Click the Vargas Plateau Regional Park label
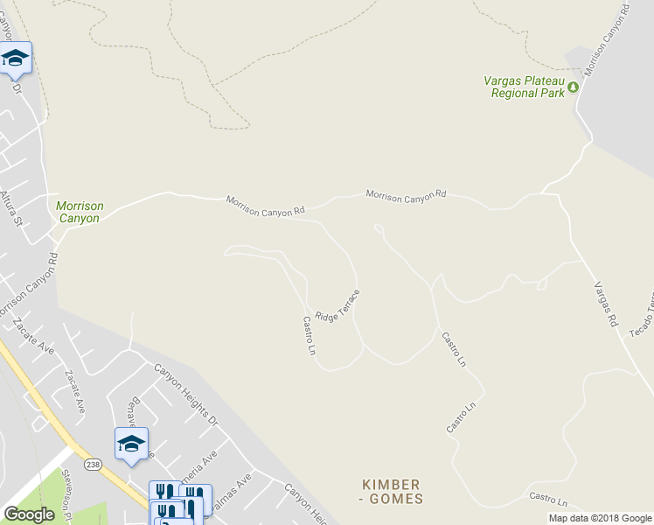pyautogui.click(x=525, y=87)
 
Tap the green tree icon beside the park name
pyautogui.click(x=574, y=87)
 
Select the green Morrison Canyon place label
pyautogui.click(x=80, y=212)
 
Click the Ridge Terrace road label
pyautogui.click(x=337, y=306)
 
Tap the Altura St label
pyautogui.click(x=10, y=208)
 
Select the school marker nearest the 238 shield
pyautogui.click(x=131, y=444)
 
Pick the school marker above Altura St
pyautogui.click(x=15, y=59)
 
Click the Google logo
pyautogui.click(x=29, y=514)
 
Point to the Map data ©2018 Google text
pyautogui.click(x=599, y=518)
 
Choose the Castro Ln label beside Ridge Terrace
pyautogui.click(x=309, y=336)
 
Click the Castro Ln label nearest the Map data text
pyautogui.click(x=548, y=499)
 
